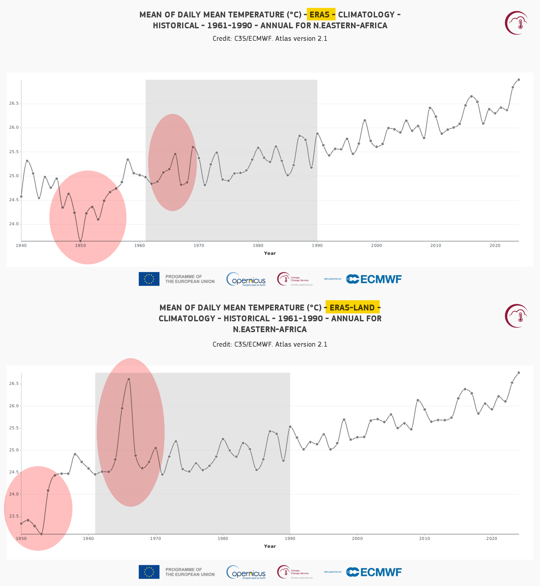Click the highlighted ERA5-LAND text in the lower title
point(352,307)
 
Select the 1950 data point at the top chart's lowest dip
point(80,241)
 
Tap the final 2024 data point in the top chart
point(519,80)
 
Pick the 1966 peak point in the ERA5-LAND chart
point(129,379)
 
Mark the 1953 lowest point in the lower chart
point(41,534)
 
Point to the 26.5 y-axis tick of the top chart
point(13,104)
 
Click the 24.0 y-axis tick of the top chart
point(13,224)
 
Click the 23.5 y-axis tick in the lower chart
point(13,516)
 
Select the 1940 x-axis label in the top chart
point(21,246)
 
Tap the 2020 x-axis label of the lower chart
point(492,539)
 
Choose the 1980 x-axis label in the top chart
point(258,246)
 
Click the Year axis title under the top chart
point(270,253)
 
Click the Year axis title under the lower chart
point(270,546)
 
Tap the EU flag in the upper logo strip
point(149,279)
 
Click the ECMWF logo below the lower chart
point(374,572)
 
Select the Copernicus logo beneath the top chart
point(246,279)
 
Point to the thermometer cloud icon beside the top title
point(517,23)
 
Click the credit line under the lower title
point(270,344)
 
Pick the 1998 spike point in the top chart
point(364,120)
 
